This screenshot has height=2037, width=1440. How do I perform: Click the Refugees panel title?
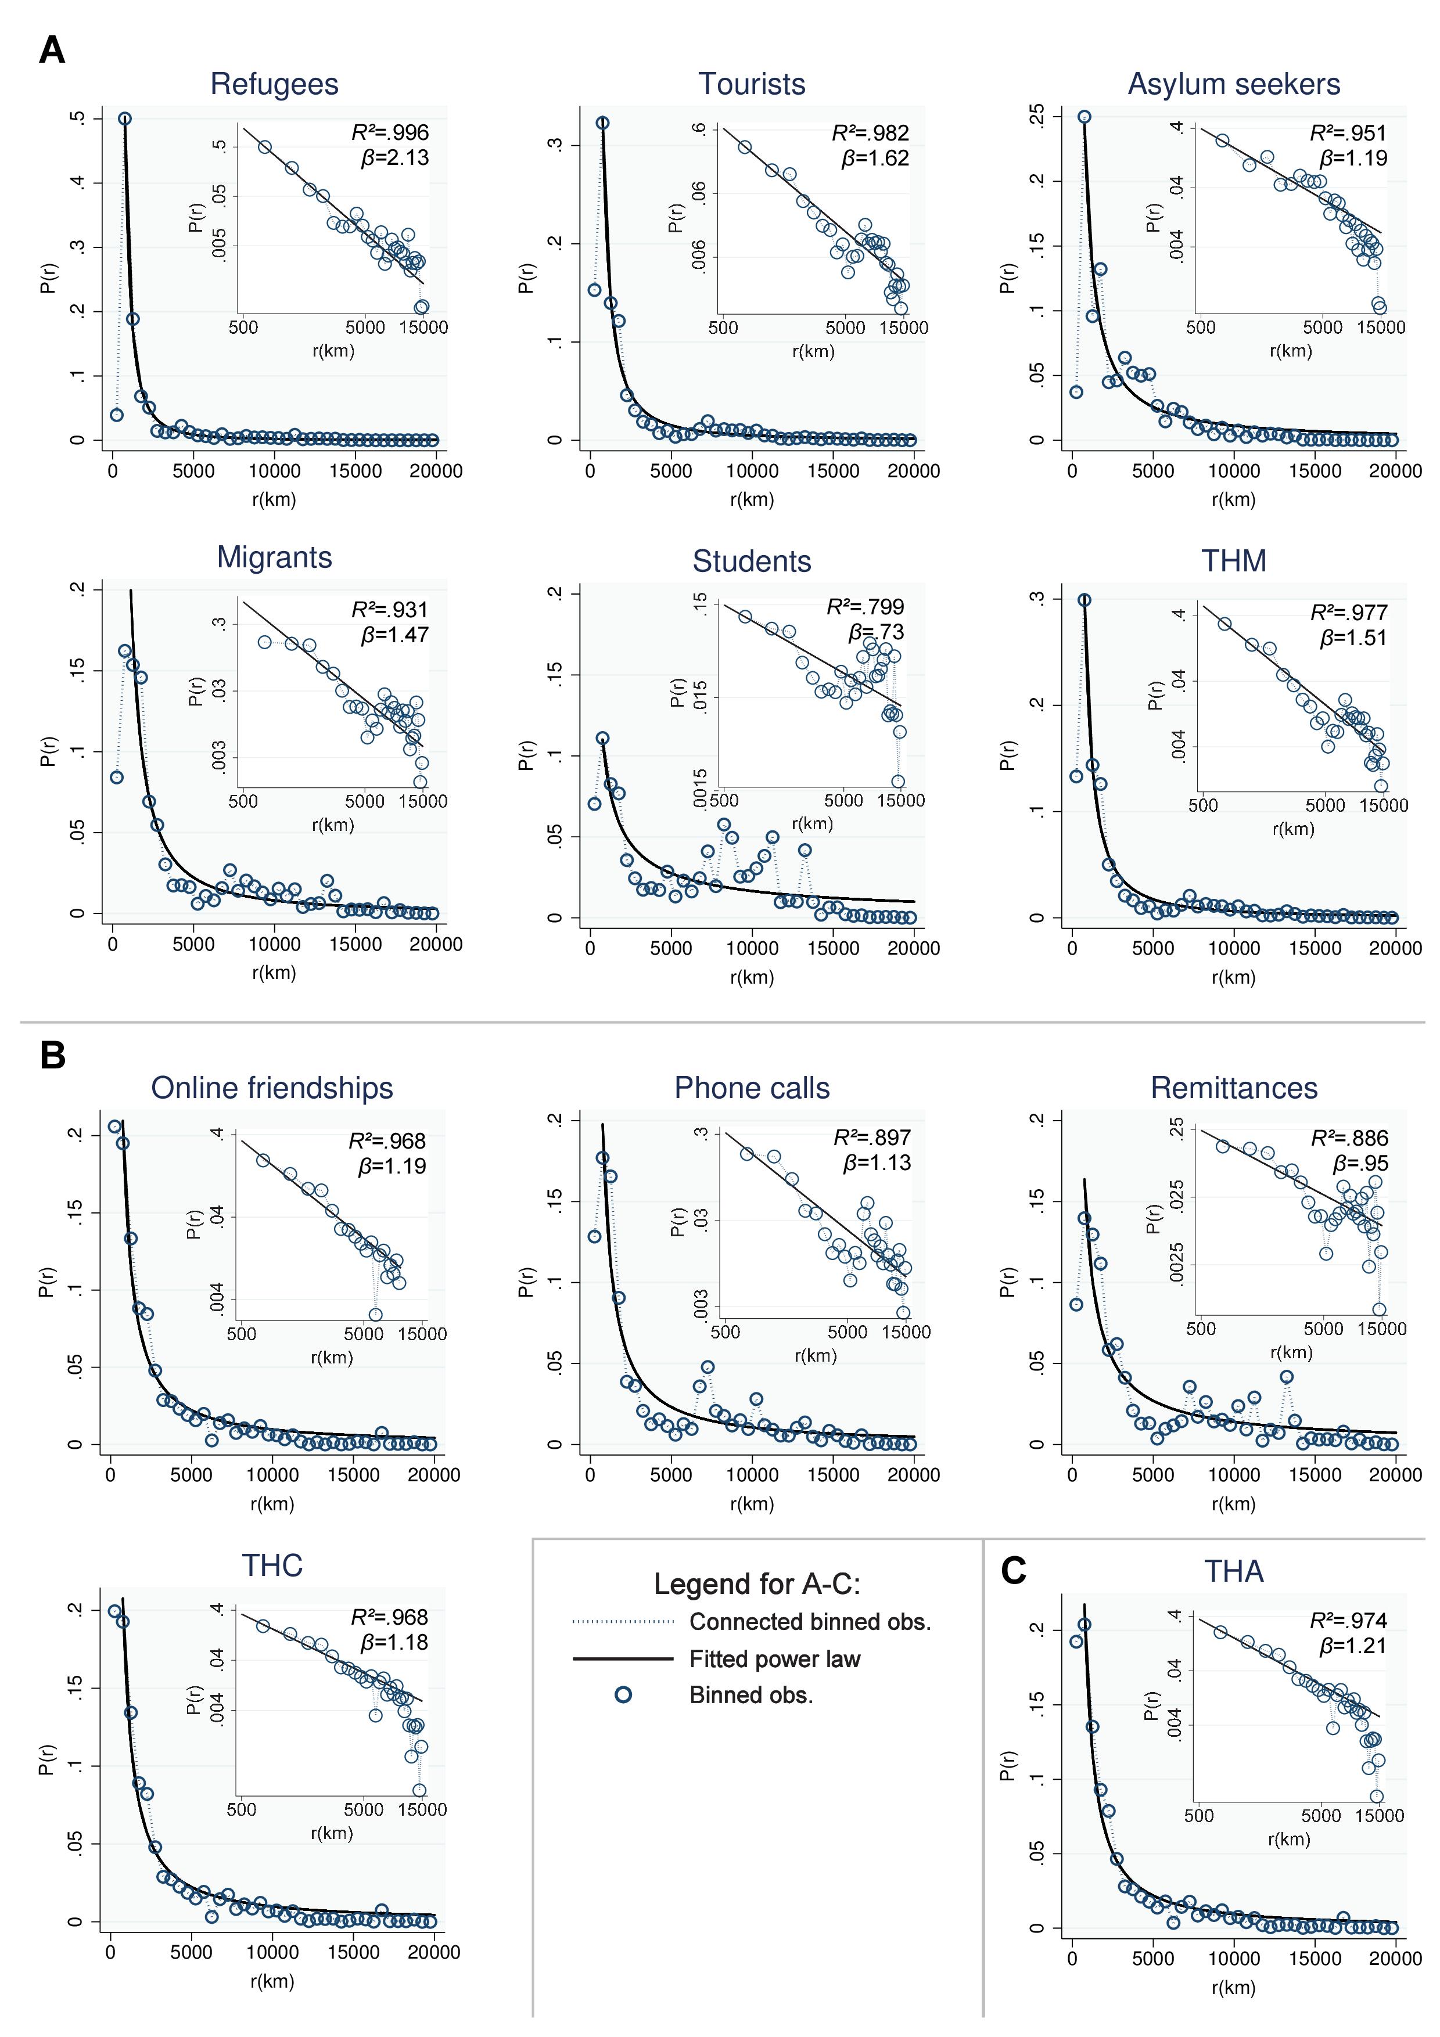[x=274, y=84]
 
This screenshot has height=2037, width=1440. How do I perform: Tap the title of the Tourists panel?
[x=752, y=84]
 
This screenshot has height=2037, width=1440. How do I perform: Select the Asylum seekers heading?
[x=1233, y=84]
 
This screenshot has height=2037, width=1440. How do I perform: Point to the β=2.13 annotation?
[x=395, y=158]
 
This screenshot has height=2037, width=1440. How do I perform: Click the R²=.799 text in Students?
[x=865, y=607]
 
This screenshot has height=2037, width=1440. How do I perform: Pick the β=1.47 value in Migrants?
[x=395, y=635]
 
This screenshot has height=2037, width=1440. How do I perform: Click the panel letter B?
[x=52, y=1056]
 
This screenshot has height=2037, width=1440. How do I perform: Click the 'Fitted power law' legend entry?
[x=774, y=1659]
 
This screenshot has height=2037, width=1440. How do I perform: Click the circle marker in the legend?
[x=624, y=1696]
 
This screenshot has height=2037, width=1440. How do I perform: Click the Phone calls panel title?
[x=752, y=1089]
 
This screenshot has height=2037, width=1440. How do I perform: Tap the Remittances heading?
[x=1233, y=1089]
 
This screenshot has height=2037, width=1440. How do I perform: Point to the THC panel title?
[x=272, y=1566]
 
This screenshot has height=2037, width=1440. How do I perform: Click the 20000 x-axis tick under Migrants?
[x=436, y=945]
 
